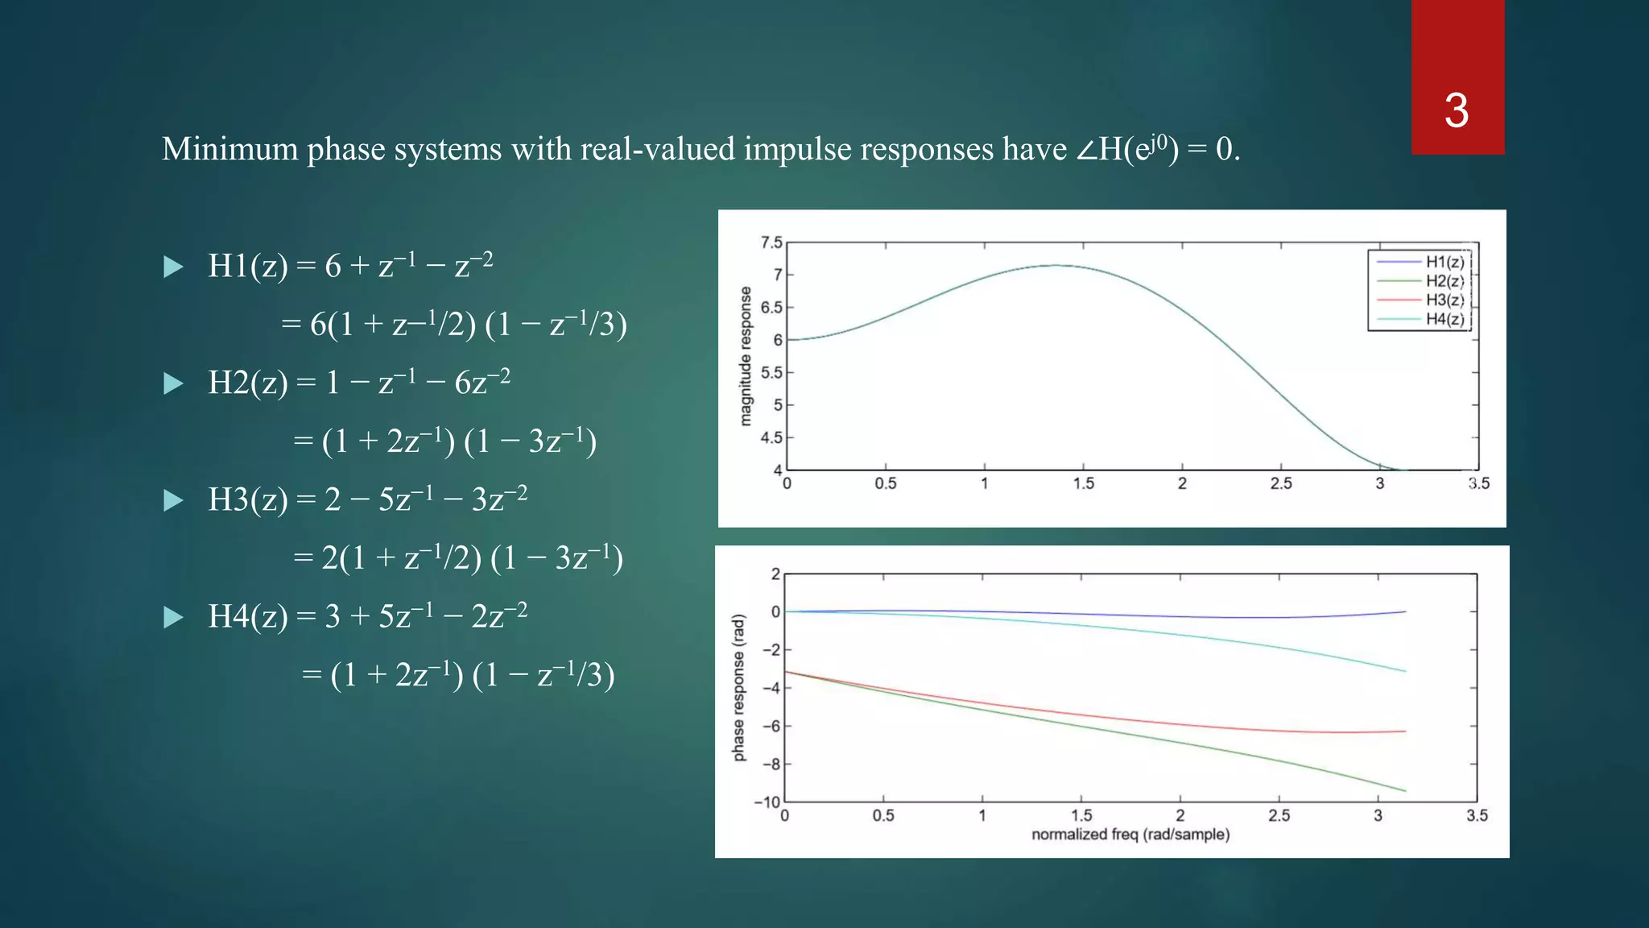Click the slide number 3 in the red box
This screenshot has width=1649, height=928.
pos(1456,110)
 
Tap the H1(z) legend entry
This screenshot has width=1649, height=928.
pos(1444,262)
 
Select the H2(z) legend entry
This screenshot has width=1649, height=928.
pos(1444,281)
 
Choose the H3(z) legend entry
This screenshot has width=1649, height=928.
pos(1444,300)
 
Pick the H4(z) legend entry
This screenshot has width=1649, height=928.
pos(1444,319)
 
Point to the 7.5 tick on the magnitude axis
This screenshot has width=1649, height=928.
pos(771,242)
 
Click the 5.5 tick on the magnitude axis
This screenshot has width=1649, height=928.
pos(771,373)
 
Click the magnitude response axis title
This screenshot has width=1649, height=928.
pos(746,356)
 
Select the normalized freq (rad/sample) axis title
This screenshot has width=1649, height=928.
pos(1130,835)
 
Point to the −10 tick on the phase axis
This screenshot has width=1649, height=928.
pos(767,802)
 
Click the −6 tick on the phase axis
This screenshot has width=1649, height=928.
pos(771,726)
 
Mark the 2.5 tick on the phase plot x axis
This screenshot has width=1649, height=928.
pos(1279,816)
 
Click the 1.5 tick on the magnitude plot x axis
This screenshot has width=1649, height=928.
pos(1083,483)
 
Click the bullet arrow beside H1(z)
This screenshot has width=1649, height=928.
pos(173,267)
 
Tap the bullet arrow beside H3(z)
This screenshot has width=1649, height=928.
pos(173,500)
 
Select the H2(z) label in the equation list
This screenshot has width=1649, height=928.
pos(247,383)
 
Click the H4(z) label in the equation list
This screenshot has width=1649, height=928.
pos(247,616)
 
